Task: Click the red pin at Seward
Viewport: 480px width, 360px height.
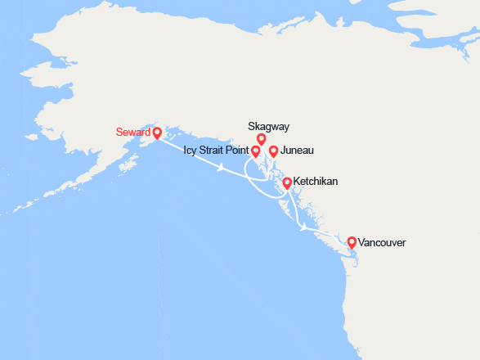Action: coord(157,131)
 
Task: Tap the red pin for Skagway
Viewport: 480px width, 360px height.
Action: coord(262,139)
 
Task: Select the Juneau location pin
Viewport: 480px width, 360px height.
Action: coord(274,151)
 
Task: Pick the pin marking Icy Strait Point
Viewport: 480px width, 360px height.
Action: coord(255,151)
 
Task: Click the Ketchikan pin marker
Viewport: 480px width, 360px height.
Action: coord(287,182)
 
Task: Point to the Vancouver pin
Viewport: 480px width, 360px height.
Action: coord(352,242)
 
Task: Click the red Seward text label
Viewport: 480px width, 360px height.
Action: coord(133,131)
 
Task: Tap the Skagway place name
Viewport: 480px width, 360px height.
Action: coord(268,126)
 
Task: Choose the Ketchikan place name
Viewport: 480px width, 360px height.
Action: coord(316,181)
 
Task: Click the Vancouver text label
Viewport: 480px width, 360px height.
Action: coord(382,243)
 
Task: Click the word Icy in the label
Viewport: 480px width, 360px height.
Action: coord(191,151)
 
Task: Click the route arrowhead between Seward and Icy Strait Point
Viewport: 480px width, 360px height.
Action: coord(222,167)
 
